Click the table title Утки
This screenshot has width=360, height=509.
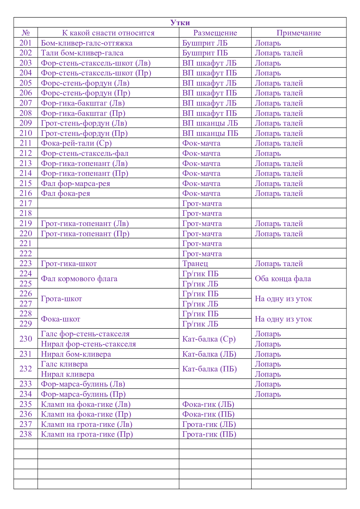[x=180, y=23]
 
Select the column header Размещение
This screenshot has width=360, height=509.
[x=215, y=33]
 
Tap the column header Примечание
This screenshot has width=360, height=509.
[x=298, y=33]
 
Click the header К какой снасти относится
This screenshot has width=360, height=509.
[x=108, y=33]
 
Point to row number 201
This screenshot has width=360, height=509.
[x=26, y=43]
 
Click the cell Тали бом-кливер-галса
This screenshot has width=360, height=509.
[x=82, y=53]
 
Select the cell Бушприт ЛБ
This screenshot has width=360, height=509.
[x=205, y=43]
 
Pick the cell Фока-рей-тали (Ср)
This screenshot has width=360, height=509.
[x=76, y=143]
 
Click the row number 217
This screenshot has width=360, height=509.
[x=26, y=203]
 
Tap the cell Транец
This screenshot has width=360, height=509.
[x=195, y=263]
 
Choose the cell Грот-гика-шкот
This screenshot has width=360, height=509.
[x=69, y=263]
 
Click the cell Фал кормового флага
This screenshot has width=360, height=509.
[x=79, y=279]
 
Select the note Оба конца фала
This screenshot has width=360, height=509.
[x=283, y=279]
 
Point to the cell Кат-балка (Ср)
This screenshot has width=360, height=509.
[x=209, y=339]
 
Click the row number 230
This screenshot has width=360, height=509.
[x=26, y=339]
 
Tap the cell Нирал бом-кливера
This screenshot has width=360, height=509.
[x=76, y=354]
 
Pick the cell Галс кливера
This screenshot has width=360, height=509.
[x=64, y=364]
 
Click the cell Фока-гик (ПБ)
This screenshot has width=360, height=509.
[x=208, y=414]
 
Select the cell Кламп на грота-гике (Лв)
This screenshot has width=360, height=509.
[x=87, y=424]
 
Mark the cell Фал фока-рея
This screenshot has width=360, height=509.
[x=66, y=193]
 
